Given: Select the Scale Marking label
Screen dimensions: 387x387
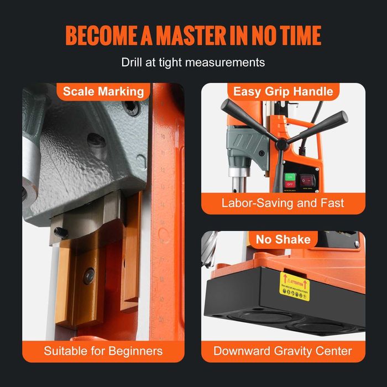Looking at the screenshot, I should (x=103, y=91).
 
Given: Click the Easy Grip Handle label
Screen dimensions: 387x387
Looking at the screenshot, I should (x=283, y=91).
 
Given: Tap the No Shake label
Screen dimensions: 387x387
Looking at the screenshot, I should (x=283, y=239).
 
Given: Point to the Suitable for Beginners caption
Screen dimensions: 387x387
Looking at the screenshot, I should (x=103, y=351).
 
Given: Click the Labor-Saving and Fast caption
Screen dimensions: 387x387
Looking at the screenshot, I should (x=283, y=203).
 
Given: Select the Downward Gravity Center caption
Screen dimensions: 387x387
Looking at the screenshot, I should (x=283, y=351).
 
